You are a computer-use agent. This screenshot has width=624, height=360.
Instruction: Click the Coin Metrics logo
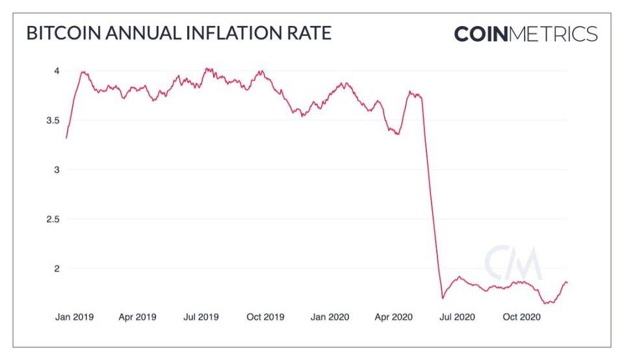click(525, 34)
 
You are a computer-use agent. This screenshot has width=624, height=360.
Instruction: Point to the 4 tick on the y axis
click(57, 70)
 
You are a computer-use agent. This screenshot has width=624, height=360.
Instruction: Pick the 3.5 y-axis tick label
click(53, 120)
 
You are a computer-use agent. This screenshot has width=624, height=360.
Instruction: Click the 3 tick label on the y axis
click(57, 170)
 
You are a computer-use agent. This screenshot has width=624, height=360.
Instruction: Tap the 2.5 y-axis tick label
click(53, 219)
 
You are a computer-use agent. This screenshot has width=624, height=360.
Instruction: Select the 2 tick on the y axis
click(57, 268)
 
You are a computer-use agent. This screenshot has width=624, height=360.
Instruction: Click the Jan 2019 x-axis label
click(75, 317)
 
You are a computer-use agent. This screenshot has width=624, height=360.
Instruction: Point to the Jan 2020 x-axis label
click(330, 317)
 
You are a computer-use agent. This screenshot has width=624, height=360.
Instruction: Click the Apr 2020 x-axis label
click(393, 317)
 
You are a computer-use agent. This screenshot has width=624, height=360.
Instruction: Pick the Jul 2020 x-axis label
click(457, 317)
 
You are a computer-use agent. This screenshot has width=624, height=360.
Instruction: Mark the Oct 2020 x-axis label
click(521, 317)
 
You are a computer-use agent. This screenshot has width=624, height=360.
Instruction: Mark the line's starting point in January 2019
click(66, 138)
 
